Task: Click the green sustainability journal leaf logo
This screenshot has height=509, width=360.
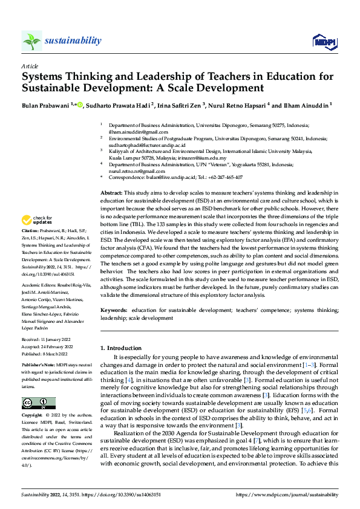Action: coord(31,41)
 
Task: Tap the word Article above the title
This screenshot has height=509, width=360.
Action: coord(30,65)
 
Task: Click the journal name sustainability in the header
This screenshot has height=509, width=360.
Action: coord(73,41)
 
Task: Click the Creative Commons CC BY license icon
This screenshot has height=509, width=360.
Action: coord(36,403)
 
